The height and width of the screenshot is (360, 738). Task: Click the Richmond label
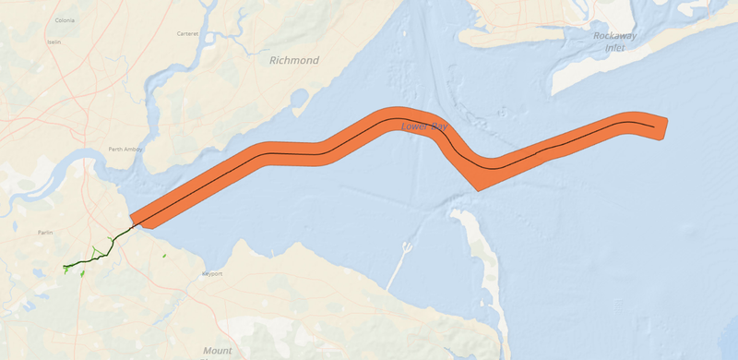[293, 61]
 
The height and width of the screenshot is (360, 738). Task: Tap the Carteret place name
[188, 34]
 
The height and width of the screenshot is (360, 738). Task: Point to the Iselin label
[56, 42]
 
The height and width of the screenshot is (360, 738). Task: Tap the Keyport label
[212, 274]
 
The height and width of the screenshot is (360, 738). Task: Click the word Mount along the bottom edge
[218, 351]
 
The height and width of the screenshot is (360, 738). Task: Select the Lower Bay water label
[423, 126]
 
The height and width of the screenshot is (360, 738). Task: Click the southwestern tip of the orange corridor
[133, 222]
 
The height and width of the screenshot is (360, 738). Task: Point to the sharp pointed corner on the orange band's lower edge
[476, 190]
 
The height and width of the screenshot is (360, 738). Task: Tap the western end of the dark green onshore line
[65, 269]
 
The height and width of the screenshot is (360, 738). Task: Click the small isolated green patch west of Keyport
[163, 256]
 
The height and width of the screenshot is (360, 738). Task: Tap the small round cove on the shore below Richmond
[299, 98]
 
